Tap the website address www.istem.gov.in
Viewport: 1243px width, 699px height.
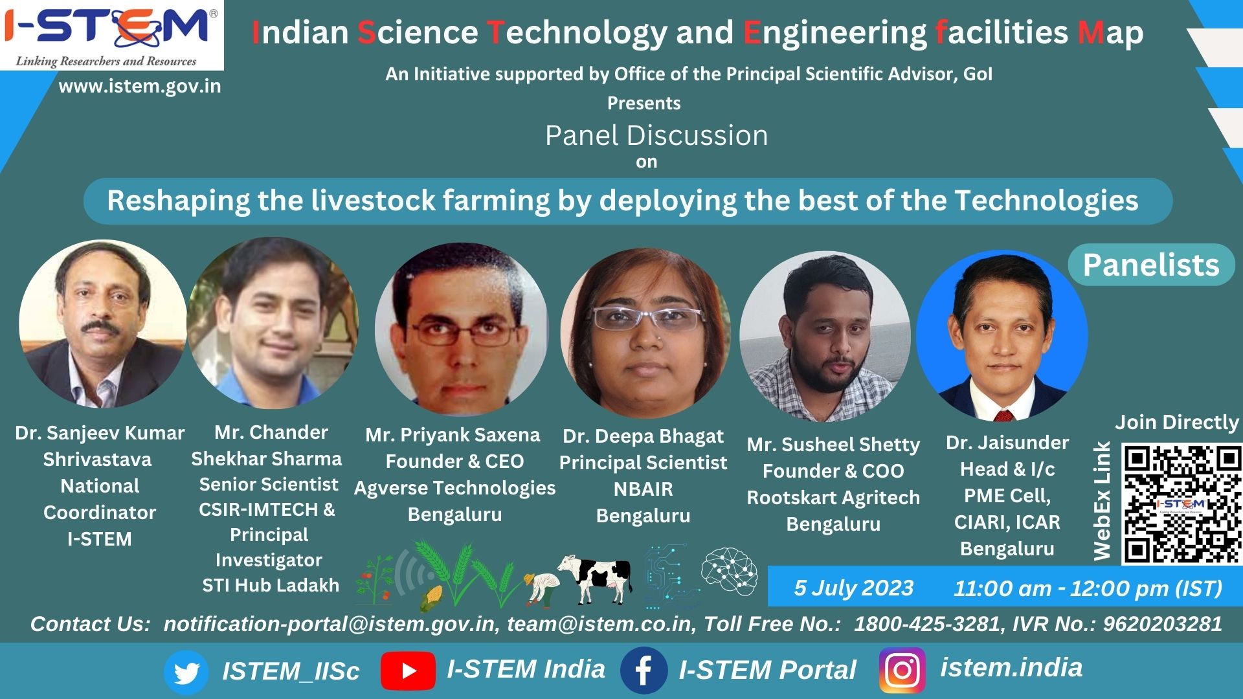pos(140,86)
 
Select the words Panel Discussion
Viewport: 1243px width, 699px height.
pos(656,136)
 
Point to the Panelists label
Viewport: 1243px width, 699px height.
pos(1151,265)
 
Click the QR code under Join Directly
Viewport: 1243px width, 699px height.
pos(1181,504)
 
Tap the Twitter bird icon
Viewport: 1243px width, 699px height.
pos(186,672)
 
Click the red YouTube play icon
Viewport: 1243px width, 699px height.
pos(408,671)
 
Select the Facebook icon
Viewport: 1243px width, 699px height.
pos(644,671)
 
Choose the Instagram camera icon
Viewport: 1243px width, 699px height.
pos(902,671)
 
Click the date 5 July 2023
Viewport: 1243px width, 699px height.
pos(853,588)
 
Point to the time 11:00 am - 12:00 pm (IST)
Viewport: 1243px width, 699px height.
pos(1088,588)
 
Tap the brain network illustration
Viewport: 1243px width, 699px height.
pos(730,571)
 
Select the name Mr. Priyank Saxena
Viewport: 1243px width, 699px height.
pos(453,435)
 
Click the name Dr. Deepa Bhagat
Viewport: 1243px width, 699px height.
pos(643,437)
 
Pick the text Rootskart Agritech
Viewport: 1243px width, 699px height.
pos(833,498)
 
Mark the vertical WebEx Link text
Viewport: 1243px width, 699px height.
pos(1102,501)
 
